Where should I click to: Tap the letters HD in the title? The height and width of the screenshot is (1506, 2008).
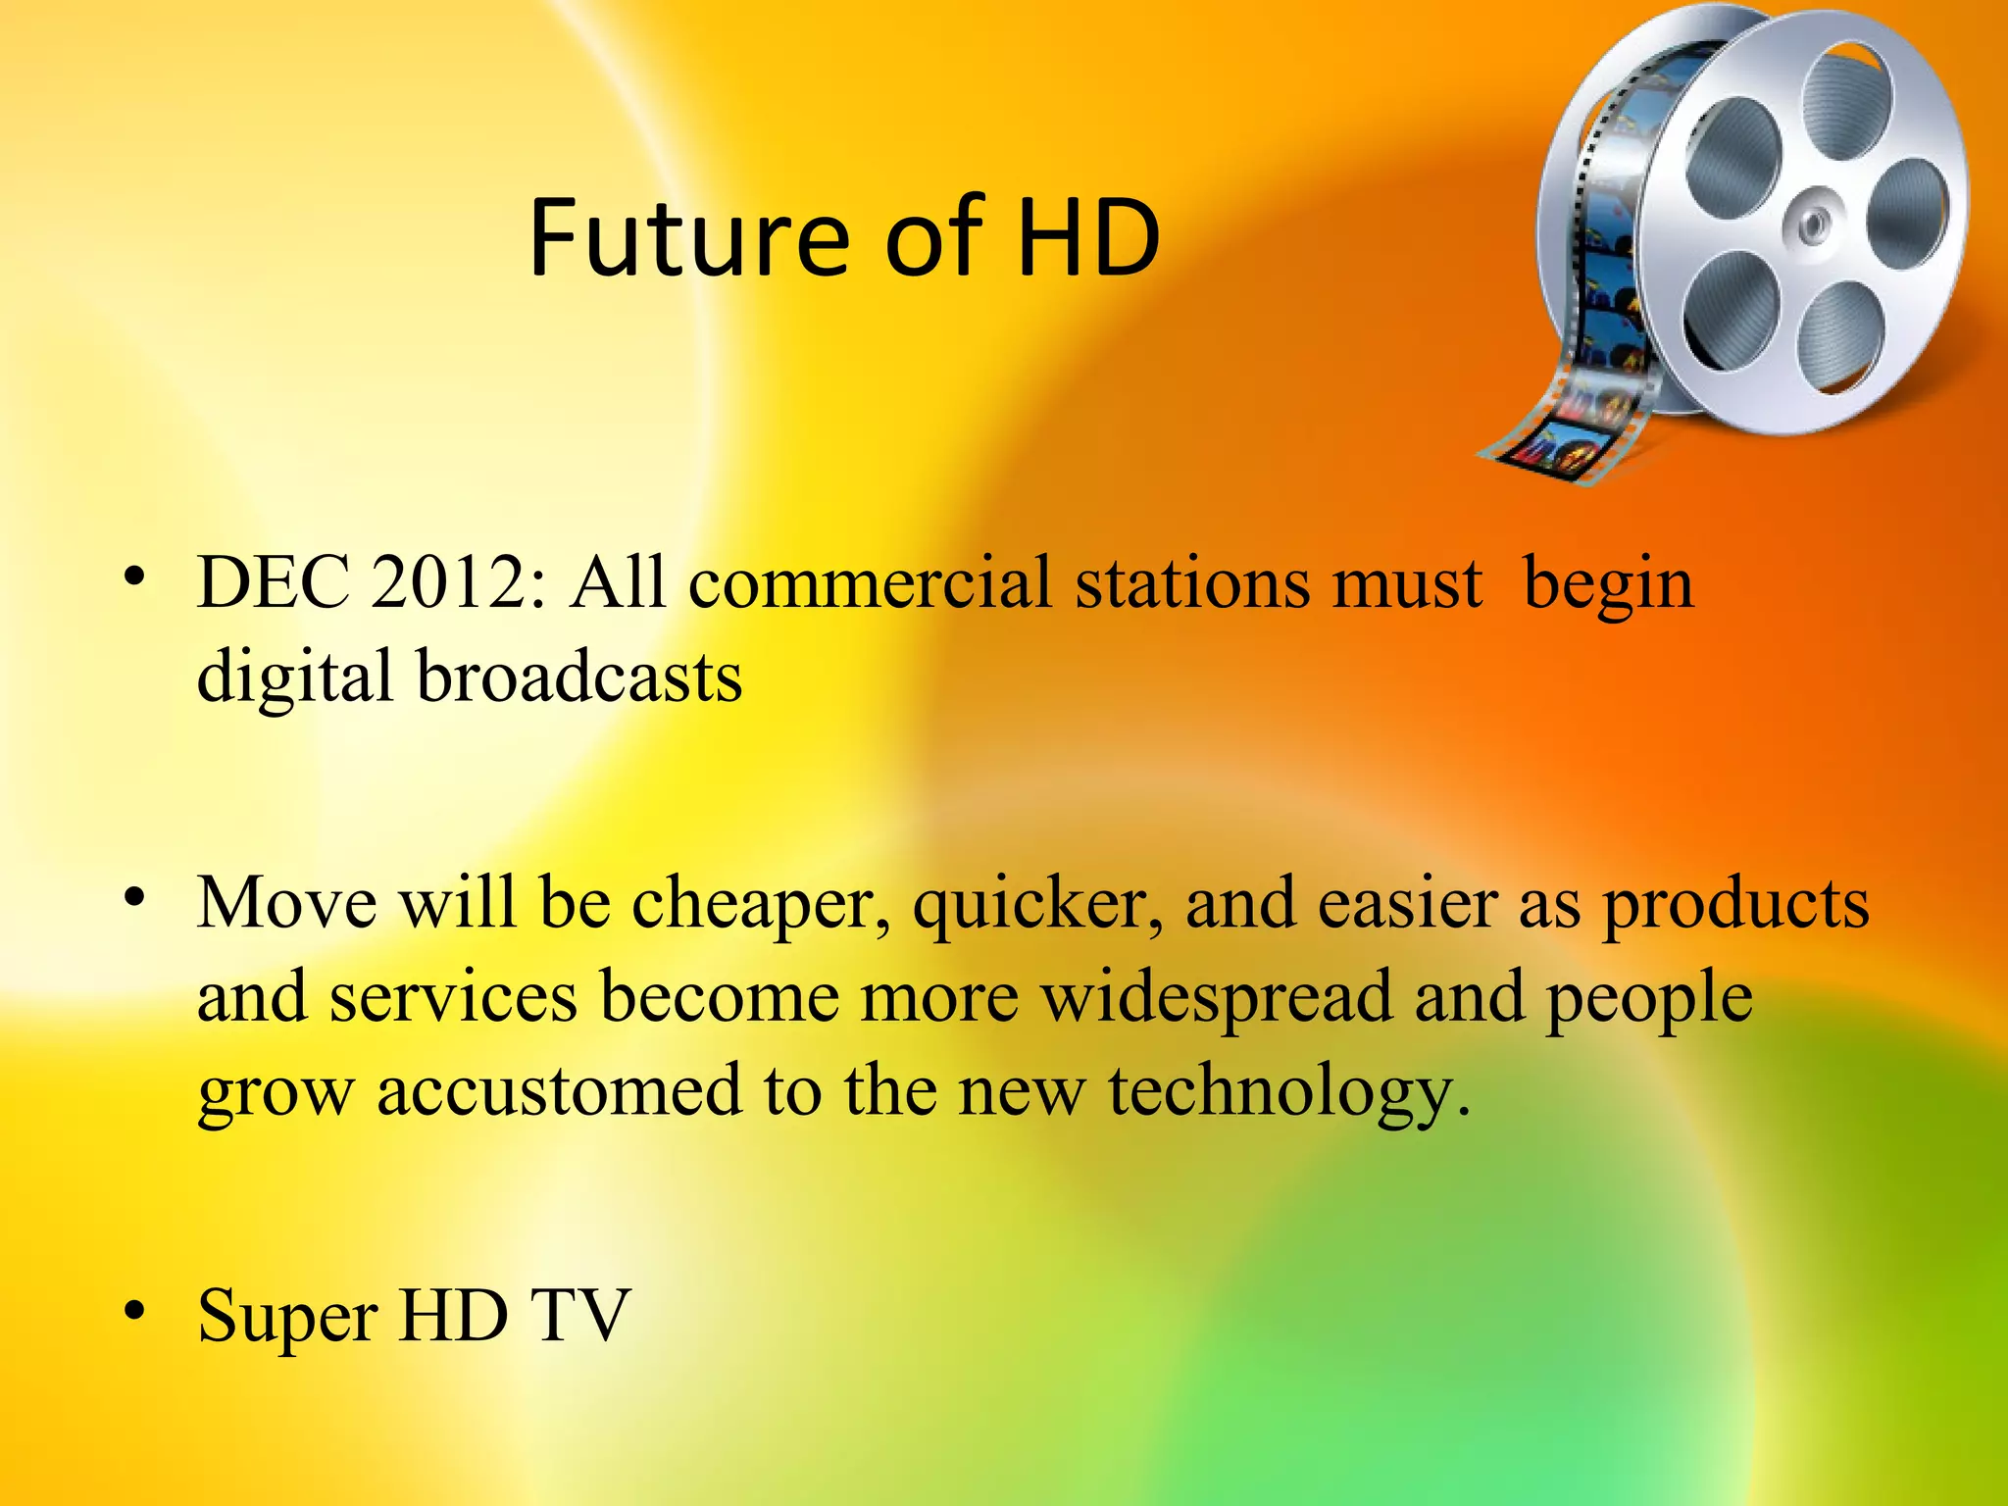point(1088,238)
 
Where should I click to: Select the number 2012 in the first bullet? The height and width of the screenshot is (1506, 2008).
point(451,585)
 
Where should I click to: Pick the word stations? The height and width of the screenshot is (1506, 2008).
point(1192,585)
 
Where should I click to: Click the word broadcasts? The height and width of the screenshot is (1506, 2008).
point(579,678)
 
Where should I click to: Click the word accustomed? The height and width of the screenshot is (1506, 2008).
point(560,1091)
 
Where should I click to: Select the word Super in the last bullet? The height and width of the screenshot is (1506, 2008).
point(287,1317)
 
